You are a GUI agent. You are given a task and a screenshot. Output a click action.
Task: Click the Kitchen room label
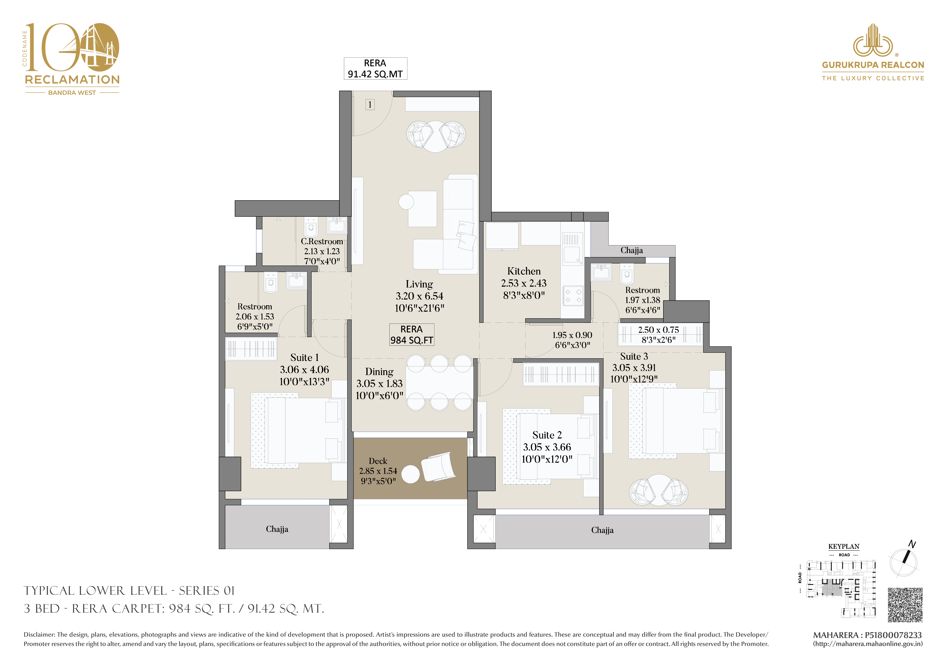point(524,271)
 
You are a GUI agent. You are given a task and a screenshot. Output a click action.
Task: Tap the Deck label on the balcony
point(378,461)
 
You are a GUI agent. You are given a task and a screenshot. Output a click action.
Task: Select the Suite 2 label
point(547,435)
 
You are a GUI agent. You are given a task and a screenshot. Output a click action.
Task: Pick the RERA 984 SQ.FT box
point(412,334)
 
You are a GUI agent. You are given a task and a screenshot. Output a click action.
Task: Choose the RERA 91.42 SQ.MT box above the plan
point(375,68)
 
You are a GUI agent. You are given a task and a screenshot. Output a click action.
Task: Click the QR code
point(905,605)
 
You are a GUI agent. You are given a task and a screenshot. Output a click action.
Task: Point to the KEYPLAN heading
point(844,547)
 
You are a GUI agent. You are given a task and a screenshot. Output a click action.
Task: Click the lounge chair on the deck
point(438,467)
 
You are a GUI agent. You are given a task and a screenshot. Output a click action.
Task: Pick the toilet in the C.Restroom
point(311,227)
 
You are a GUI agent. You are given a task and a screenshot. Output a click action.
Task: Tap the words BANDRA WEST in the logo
point(72,93)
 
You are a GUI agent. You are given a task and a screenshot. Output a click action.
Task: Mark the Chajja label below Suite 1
point(277,529)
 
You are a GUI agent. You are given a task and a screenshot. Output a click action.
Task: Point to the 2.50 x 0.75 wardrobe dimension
point(658,330)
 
